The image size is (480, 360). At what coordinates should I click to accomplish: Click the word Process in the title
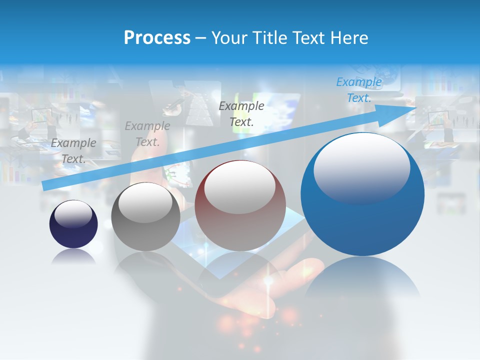click(157, 38)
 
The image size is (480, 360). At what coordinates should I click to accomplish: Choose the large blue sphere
click(362, 220)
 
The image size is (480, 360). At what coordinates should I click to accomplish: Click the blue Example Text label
click(359, 90)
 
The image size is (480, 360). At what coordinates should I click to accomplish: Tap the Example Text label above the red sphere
click(241, 113)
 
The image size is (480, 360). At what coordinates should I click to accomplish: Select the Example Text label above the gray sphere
click(147, 134)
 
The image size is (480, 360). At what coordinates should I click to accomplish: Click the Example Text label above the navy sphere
click(73, 150)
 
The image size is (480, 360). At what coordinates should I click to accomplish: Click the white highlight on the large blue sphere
click(361, 167)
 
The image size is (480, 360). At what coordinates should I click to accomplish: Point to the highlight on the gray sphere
click(145, 202)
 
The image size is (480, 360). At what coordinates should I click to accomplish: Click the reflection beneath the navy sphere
click(73, 256)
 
